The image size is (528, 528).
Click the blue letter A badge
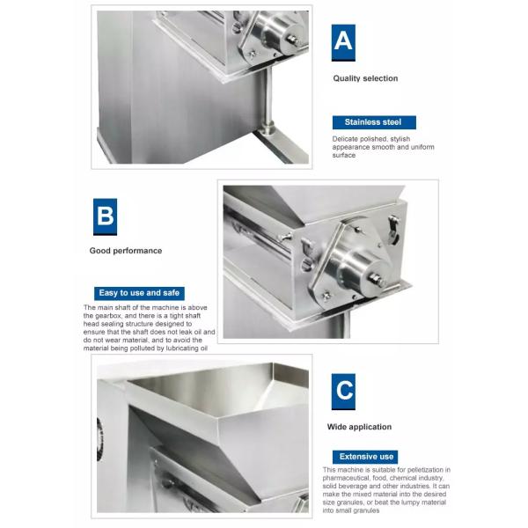point(343,43)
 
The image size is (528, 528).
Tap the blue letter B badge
point(105,216)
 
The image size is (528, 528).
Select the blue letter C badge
point(343,392)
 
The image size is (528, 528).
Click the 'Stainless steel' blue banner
point(374,122)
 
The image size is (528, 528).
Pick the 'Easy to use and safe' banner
point(139,293)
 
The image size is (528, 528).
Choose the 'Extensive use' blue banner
point(365,457)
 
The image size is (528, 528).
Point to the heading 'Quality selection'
point(365,78)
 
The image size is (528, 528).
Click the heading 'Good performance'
point(126,251)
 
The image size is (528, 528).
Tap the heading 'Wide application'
point(359,427)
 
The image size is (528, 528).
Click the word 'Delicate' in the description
point(345,139)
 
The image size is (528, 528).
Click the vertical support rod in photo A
point(268,100)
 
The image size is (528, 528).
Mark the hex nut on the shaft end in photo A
point(292,39)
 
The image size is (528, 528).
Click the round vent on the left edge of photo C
point(99,439)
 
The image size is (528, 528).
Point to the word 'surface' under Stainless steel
point(344,155)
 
